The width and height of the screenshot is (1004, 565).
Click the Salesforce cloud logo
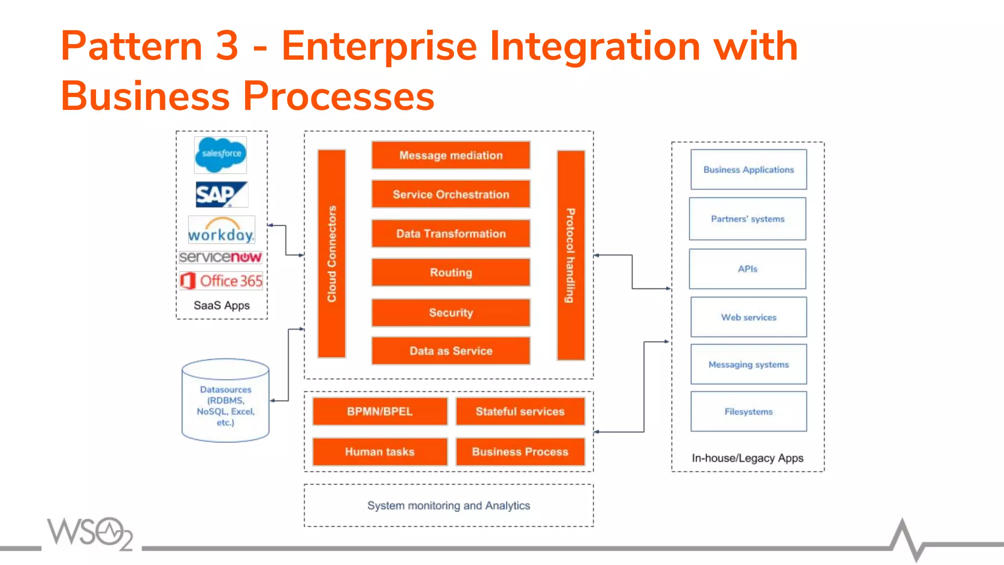point(221,155)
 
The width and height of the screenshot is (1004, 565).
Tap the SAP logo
point(221,195)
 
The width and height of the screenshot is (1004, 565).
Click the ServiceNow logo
point(221,257)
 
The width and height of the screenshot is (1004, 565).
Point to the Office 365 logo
point(221,281)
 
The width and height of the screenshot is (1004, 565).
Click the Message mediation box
point(451,155)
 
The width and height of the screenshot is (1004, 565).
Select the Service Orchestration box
point(451,194)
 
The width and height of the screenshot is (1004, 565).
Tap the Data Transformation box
point(451,233)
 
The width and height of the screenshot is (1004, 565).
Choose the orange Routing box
point(451,273)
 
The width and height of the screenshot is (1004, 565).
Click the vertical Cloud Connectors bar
point(332,254)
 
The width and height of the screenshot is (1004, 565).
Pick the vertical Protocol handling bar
point(571,255)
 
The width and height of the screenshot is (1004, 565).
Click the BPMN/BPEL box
point(380,411)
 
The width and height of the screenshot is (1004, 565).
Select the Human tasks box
point(380,452)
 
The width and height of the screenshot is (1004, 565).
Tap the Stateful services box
point(520,411)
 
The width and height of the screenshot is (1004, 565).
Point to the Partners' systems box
point(748,219)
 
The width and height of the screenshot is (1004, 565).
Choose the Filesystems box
point(749,411)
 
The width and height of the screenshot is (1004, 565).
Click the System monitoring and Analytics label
point(449,506)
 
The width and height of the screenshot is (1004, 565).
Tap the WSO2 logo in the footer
point(90,533)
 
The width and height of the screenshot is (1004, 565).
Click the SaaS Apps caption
point(222,306)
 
